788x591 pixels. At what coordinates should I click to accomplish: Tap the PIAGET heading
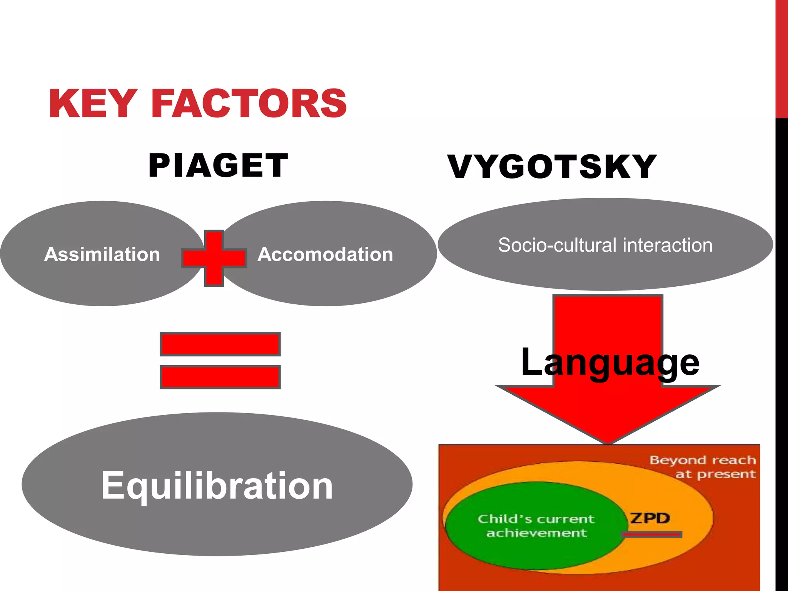coord(218,165)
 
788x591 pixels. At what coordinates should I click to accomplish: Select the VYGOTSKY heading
coord(552,167)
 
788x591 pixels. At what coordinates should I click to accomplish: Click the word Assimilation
coord(102,254)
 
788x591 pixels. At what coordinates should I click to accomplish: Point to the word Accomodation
coord(326,254)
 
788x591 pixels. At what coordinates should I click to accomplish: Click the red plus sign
coord(214,258)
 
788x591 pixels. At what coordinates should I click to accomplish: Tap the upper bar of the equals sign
coord(220,344)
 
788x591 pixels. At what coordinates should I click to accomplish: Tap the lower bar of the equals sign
coord(220,377)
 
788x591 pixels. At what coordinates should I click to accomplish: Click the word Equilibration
coord(217,486)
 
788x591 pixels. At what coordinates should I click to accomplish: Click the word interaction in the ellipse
coord(668,245)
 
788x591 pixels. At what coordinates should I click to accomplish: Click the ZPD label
coord(649,518)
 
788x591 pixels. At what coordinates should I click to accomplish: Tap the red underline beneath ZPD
coord(651,534)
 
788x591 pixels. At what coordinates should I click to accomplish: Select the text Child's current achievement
coord(536,526)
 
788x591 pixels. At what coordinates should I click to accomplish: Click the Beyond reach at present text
coord(703,467)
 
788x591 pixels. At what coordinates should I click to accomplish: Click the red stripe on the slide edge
coord(781,58)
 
